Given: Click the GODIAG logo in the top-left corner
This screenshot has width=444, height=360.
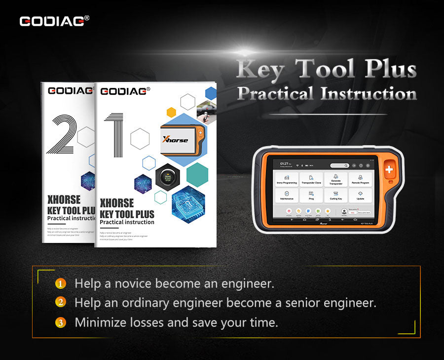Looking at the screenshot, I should tap(54, 21).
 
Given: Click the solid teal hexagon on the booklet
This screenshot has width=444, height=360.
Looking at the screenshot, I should tap(197, 174).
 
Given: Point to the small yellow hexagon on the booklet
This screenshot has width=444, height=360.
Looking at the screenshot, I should tap(171, 112).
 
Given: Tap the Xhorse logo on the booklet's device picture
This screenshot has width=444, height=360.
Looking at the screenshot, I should tap(176, 140).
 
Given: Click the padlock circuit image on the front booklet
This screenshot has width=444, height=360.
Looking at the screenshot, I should tap(188, 203).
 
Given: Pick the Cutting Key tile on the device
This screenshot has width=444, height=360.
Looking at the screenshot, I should tap(335, 196).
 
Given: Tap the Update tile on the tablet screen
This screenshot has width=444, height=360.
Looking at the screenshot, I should tap(361, 196).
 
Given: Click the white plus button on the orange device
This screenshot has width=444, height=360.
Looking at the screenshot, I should tap(390, 170).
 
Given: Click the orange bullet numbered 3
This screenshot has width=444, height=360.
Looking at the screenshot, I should tap(60, 323).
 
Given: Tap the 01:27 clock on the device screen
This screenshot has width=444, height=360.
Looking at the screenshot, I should tap(284, 162).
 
